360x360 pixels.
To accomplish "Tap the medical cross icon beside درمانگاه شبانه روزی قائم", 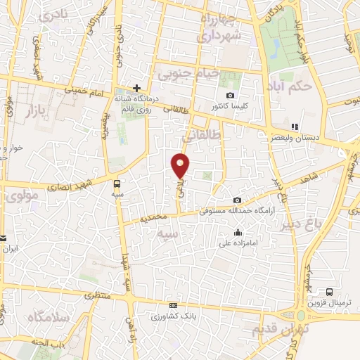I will [138, 89].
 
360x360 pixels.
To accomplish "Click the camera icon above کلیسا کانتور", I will [230, 96].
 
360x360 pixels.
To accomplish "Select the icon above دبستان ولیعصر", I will [295, 127].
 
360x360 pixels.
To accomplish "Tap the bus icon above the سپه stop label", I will [116, 184].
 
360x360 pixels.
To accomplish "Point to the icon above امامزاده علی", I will [238, 233].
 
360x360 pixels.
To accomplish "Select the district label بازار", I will [40, 111].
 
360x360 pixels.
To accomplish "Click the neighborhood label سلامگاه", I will [46, 317].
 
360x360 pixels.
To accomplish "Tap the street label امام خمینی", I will [84, 89].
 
